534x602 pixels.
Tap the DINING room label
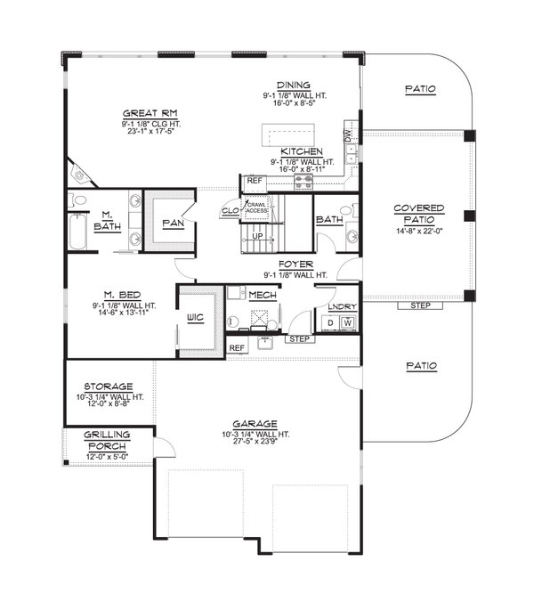point(292,85)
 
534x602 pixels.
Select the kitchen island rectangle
point(279,134)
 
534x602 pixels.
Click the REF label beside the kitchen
point(255,181)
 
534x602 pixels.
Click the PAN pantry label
point(173,224)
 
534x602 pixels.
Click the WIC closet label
point(197,317)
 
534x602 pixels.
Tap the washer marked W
point(348,322)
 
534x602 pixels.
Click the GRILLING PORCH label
point(108,438)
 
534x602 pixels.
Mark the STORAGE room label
point(109,386)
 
